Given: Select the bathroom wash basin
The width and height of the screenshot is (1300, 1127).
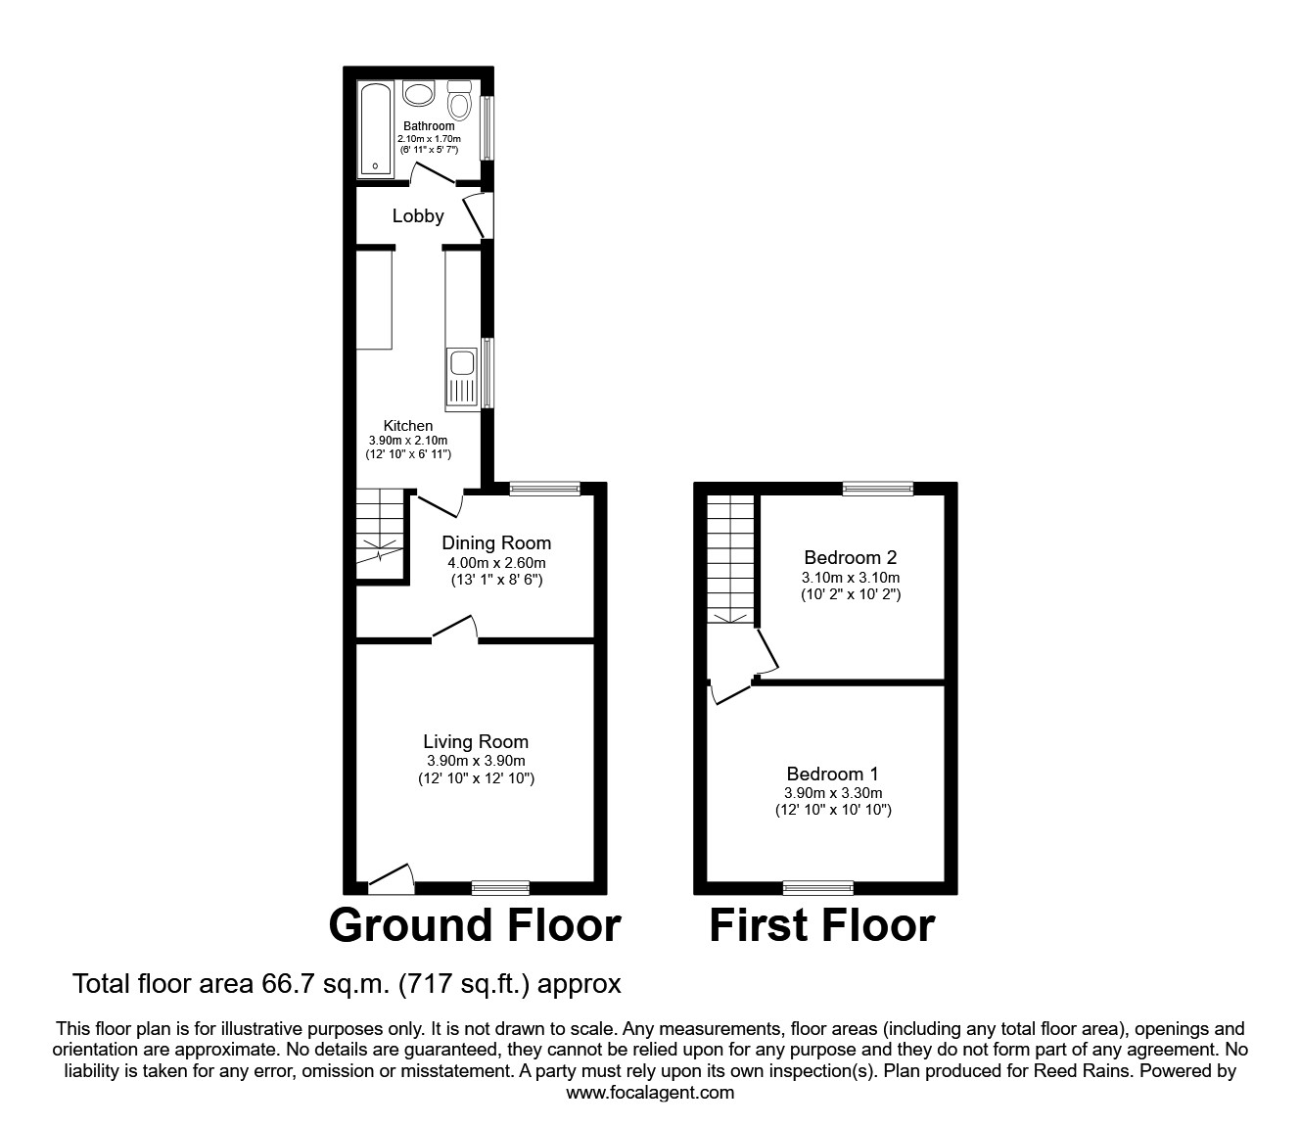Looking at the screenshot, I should coord(419,95).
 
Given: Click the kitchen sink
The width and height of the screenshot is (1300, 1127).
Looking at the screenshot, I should coord(461,378).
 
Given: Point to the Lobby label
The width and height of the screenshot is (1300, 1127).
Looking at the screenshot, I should coord(418,216).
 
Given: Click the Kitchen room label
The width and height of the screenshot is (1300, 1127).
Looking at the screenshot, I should coord(408,426).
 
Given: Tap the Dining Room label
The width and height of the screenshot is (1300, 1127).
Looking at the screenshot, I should coord(496,542).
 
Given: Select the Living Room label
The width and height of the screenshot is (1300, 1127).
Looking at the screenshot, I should coord(476,742).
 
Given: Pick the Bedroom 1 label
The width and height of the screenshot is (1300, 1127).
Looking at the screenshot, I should coord(825,774).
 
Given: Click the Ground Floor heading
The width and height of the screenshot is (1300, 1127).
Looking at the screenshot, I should coord(475,925).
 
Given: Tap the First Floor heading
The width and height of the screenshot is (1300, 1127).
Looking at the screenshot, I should coord(821,925).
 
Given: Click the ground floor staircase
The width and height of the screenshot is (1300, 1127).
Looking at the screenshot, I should coord(379,535).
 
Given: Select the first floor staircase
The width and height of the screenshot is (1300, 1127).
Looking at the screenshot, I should coord(730,559).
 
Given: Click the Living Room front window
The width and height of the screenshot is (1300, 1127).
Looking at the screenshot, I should coord(500,888).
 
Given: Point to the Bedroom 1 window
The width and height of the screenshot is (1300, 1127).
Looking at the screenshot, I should coord(817,888).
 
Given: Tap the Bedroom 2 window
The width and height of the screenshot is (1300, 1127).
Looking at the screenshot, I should coord(878,489).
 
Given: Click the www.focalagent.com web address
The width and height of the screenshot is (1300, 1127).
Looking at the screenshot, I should coord(650,1093).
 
